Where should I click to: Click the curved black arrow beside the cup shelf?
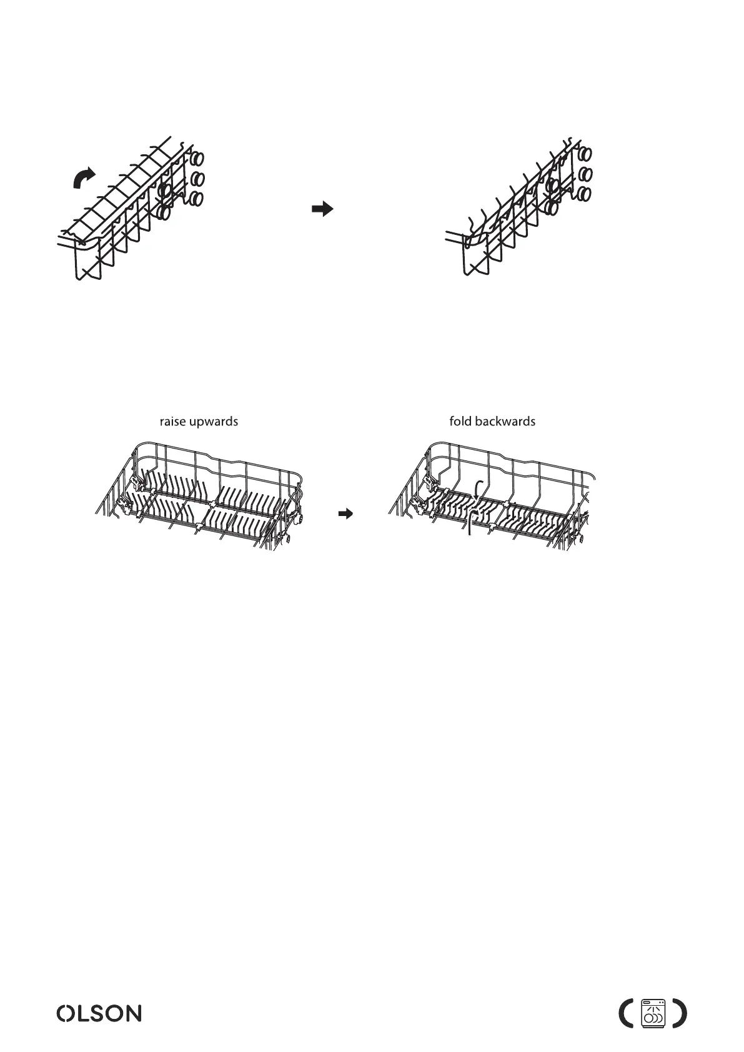(84, 177)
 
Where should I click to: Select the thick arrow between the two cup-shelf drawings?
(321, 210)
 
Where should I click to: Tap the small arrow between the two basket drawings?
(345, 514)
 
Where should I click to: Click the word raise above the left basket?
(173, 422)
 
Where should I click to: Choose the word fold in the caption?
(460, 422)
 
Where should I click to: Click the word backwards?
(505, 422)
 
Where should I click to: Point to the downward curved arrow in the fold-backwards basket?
(476, 489)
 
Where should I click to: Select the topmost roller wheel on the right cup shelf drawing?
(585, 153)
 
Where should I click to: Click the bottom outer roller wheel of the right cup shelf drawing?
(585, 194)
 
